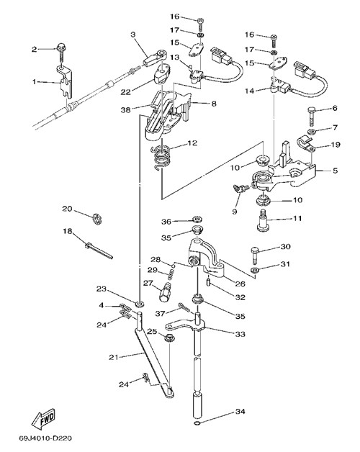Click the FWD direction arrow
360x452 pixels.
tap(43, 418)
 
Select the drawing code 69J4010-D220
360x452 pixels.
tap(45, 439)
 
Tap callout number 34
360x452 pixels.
tap(240, 412)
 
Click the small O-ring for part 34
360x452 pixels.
tap(197, 423)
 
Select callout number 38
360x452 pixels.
tap(126, 110)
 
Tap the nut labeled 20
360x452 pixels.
tap(97, 219)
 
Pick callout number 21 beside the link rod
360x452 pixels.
tap(114, 357)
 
